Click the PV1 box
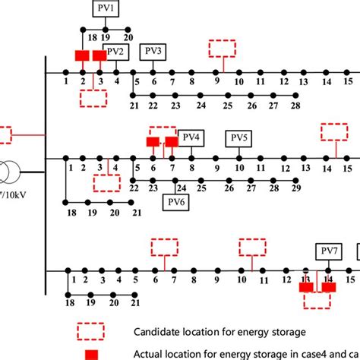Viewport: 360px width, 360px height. coord(106,10)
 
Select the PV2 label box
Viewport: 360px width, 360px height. coord(117,52)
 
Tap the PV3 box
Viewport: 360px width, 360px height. coord(154,52)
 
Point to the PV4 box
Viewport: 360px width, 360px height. coord(191,137)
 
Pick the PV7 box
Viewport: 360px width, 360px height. coord(330,251)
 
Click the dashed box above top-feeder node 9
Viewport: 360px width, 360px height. coord(221,49)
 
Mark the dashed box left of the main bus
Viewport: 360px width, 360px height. coord(4,134)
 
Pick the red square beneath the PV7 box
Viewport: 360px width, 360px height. coord(330,282)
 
